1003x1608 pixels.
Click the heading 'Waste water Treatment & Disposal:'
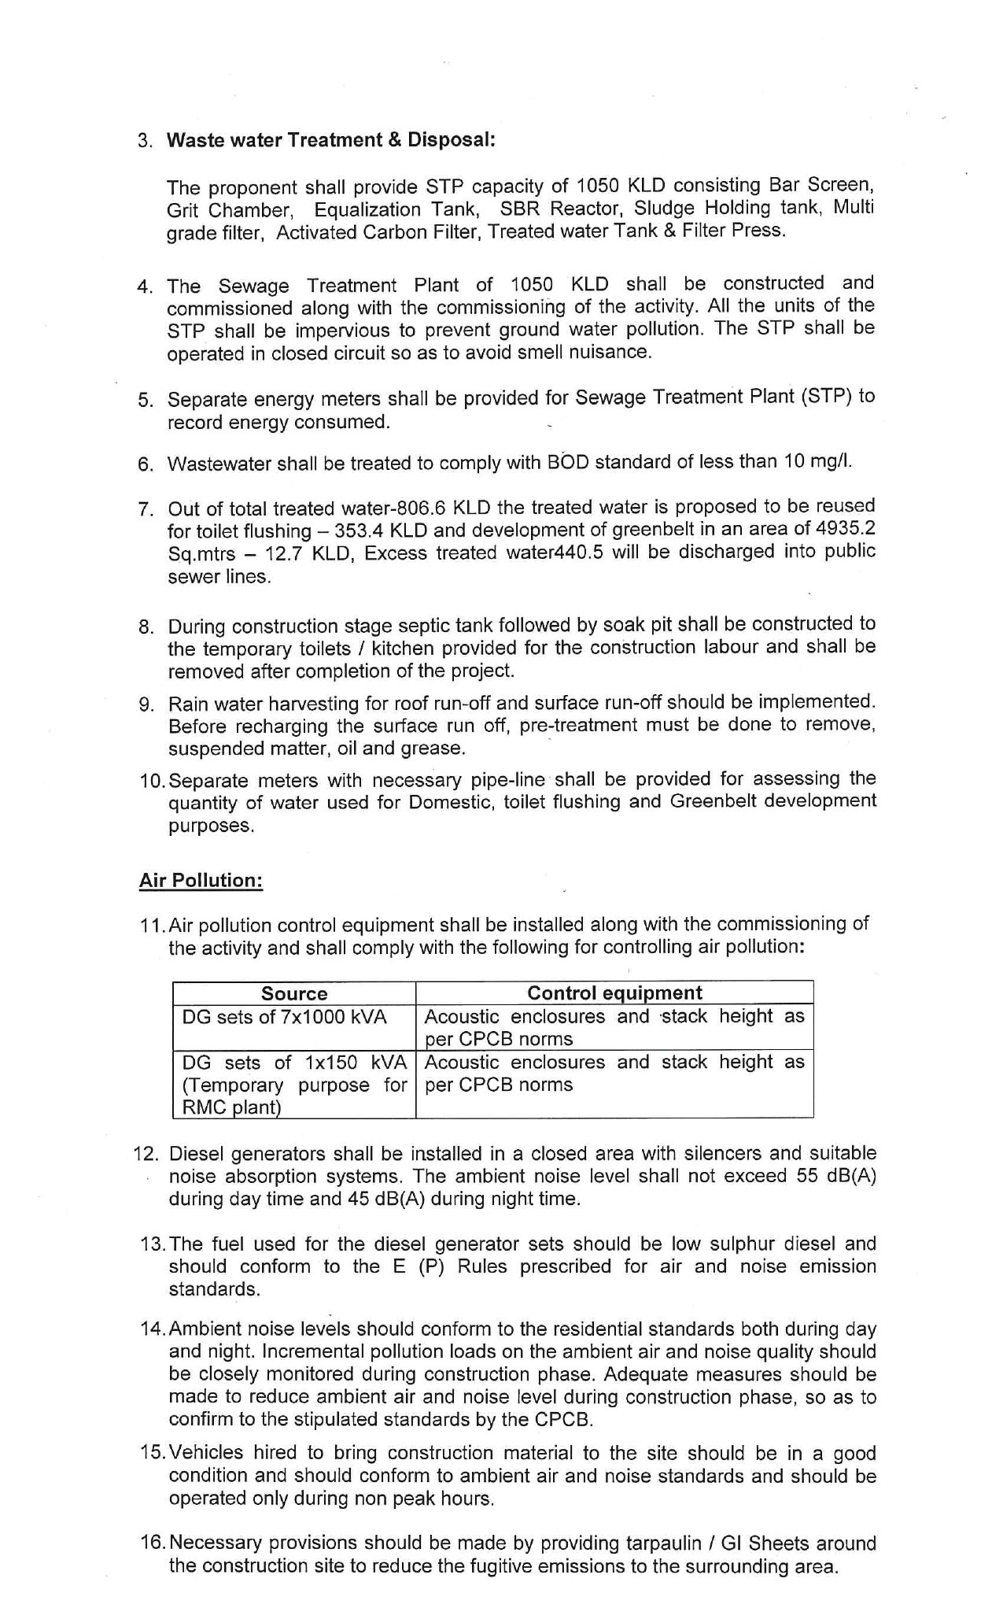pyautogui.click(x=331, y=140)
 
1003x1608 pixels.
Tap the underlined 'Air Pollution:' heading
pyautogui.click(x=201, y=880)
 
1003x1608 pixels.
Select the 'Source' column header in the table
pyautogui.click(x=294, y=993)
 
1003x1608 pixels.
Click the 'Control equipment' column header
pyautogui.click(x=614, y=993)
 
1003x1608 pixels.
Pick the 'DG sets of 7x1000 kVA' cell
pyautogui.click(x=285, y=1017)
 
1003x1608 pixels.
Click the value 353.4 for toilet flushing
pyautogui.click(x=362, y=530)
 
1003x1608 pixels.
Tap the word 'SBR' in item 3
pyautogui.click(x=520, y=209)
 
